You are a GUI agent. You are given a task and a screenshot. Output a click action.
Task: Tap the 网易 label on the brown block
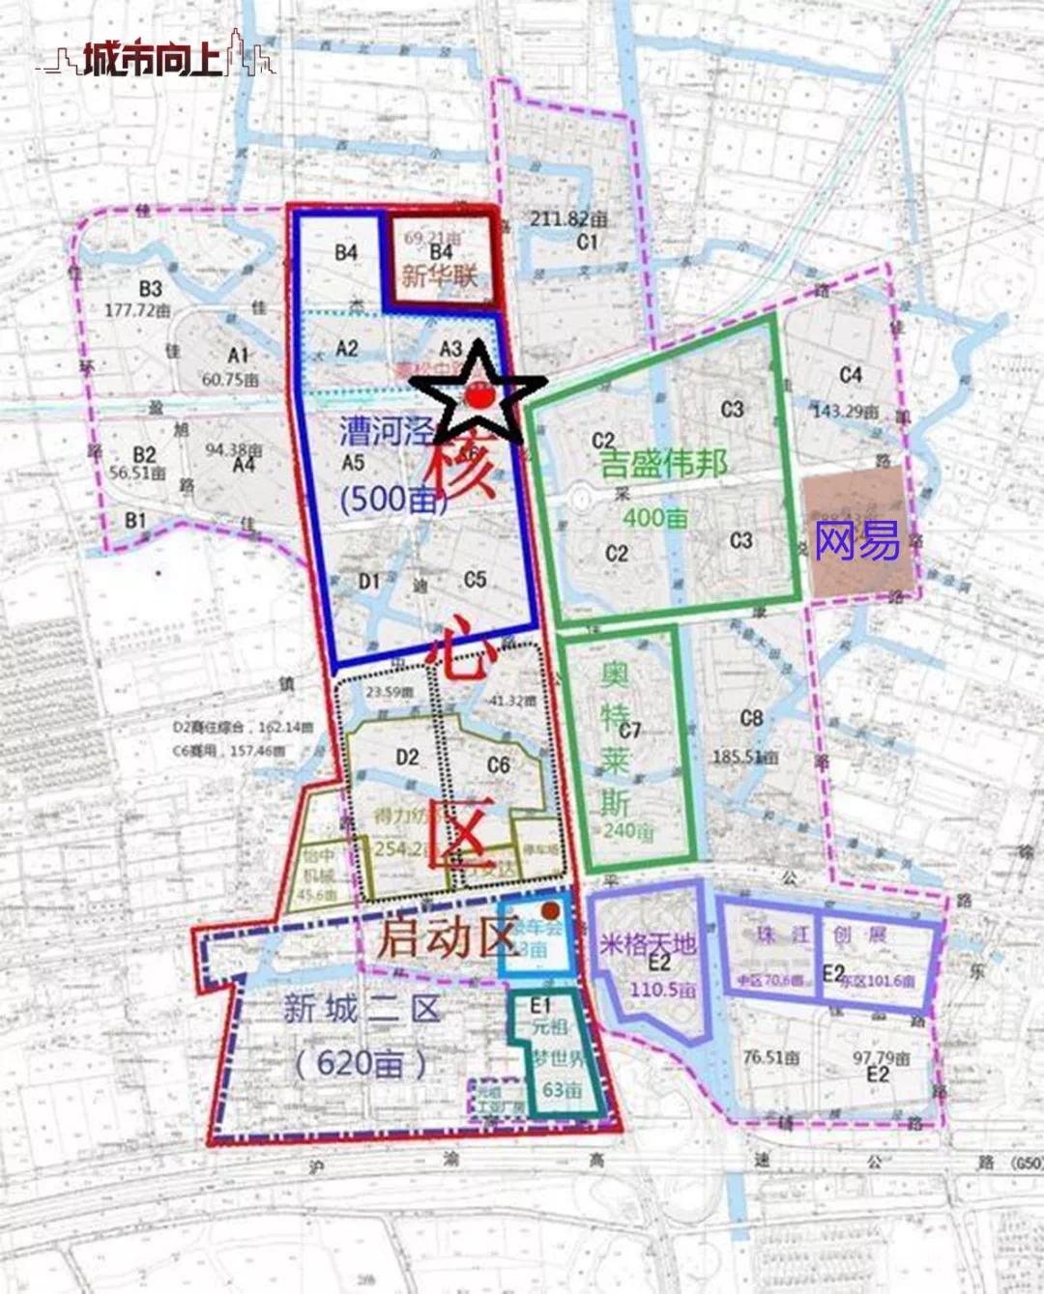click(856, 541)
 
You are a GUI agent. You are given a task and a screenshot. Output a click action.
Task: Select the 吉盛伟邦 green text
click(663, 465)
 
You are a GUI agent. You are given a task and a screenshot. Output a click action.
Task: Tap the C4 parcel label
click(851, 374)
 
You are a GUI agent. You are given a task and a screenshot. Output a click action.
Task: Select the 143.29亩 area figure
click(846, 412)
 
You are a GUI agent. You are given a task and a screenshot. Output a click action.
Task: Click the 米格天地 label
click(647, 942)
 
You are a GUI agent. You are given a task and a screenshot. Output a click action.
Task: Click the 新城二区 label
click(362, 1010)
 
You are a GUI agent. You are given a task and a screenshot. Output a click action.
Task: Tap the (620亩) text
click(360, 1064)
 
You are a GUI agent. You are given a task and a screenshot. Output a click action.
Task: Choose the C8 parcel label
click(751, 718)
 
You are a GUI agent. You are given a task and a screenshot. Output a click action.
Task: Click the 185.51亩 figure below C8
click(745, 757)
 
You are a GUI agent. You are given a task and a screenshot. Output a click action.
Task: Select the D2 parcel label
click(407, 757)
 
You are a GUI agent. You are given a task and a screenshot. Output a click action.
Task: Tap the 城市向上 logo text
click(153, 60)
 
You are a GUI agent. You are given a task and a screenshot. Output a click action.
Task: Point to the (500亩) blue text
click(392, 499)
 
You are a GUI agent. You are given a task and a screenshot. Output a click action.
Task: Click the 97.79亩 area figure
click(881, 1058)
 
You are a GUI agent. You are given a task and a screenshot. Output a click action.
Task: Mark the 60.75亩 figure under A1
click(230, 380)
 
